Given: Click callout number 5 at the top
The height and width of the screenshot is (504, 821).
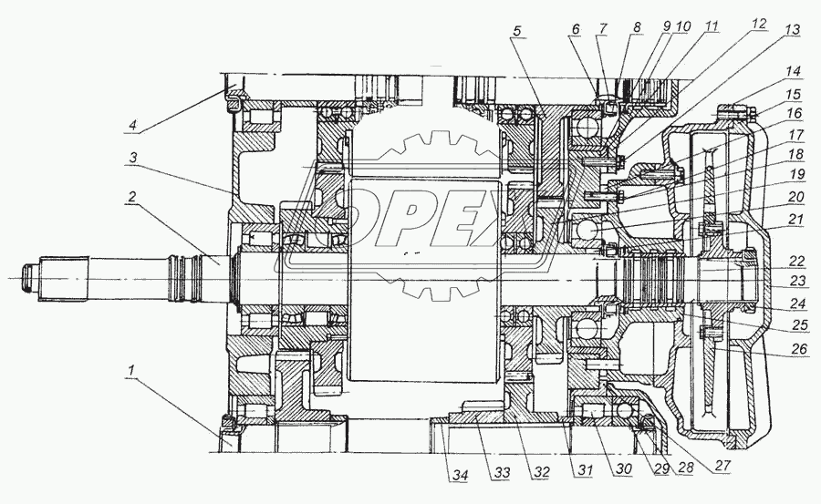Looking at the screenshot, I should tap(517, 30).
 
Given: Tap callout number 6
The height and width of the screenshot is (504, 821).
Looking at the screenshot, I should tap(575, 30).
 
